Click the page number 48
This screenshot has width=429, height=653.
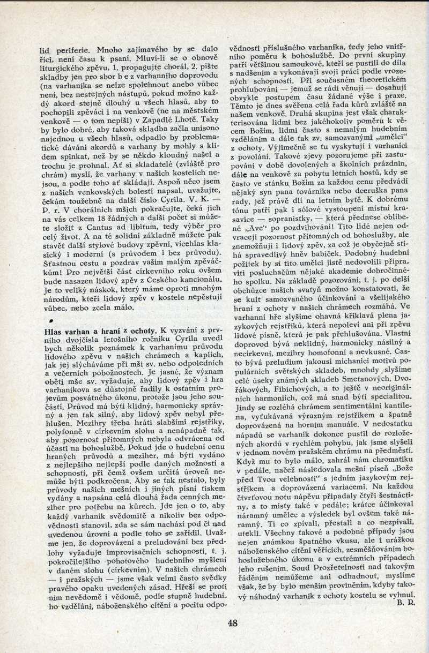232,622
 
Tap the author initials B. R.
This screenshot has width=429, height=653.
406,603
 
